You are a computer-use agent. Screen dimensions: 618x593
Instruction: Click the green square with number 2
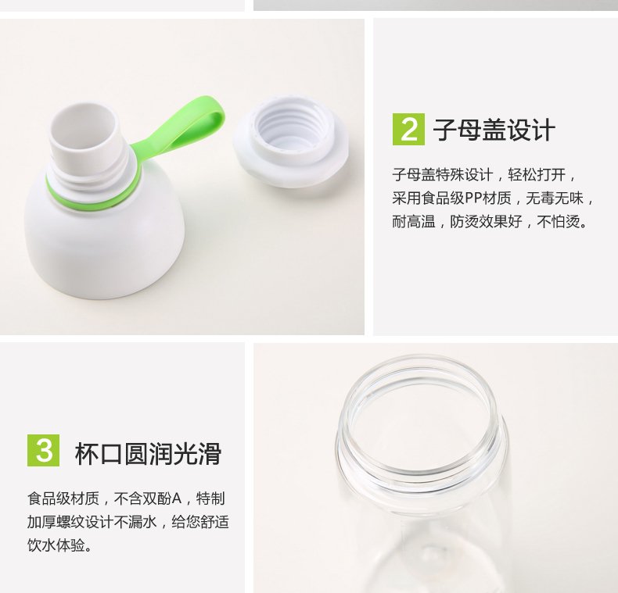coord(408,129)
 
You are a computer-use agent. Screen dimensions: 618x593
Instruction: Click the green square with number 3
coord(43,450)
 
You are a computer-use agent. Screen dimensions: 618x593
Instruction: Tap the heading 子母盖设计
coord(494,130)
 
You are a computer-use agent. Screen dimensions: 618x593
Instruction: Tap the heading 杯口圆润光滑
coord(148,454)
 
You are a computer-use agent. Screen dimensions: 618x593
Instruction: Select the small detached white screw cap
coord(291,141)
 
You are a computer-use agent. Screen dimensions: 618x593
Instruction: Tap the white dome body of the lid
coord(105,248)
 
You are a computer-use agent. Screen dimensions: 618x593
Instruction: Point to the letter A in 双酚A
coord(177,498)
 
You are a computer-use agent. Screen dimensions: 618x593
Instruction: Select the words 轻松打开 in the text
coord(537,174)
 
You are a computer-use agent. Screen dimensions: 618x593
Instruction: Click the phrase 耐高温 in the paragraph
coord(414,222)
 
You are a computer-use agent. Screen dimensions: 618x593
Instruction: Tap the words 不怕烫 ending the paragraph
coord(558,222)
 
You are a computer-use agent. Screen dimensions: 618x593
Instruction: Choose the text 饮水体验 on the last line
coord(56,545)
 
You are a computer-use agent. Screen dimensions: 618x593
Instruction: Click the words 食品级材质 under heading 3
coord(63,498)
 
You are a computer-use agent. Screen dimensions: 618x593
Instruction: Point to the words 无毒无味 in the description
coord(554,198)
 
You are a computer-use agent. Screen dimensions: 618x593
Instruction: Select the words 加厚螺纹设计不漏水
coord(92,522)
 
